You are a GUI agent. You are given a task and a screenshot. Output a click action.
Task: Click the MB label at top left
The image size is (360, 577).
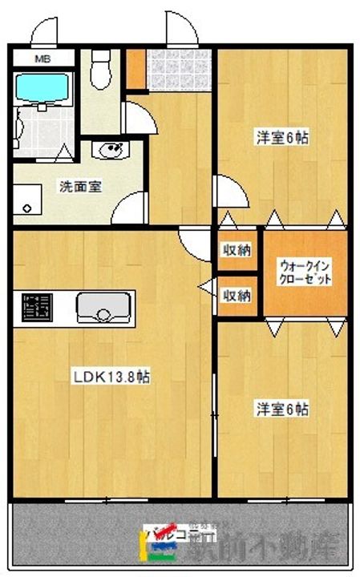pyautogui.click(x=40, y=59)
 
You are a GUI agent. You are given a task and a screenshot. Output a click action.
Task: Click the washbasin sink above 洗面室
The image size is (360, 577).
pyautogui.click(x=108, y=151)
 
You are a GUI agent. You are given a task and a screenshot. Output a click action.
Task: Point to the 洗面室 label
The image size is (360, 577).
pyautogui.click(x=79, y=187)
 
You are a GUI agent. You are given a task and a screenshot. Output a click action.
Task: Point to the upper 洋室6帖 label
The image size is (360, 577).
pyautogui.click(x=281, y=138)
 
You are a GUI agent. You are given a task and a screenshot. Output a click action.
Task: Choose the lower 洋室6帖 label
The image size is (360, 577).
pyautogui.click(x=281, y=410)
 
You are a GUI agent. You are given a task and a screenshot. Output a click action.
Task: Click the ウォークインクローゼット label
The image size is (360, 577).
pyautogui.click(x=304, y=272)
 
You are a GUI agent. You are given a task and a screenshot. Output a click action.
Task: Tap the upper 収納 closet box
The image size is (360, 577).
pyautogui.click(x=236, y=250)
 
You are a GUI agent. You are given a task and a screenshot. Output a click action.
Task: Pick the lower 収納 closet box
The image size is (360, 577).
pyautogui.click(x=236, y=295)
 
